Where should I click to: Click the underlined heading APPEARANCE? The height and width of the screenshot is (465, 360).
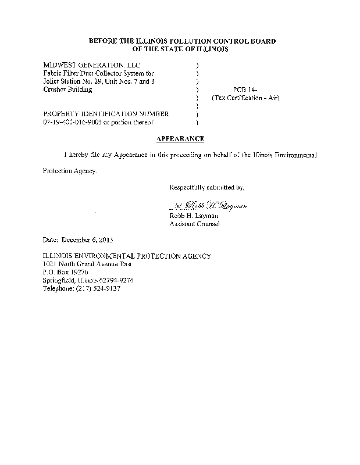pos(180,139)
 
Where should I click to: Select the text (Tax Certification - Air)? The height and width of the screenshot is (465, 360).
pos(245,98)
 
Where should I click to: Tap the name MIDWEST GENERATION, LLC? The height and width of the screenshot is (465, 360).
pos(92,65)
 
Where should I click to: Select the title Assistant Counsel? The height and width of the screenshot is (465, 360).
pos(194,224)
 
